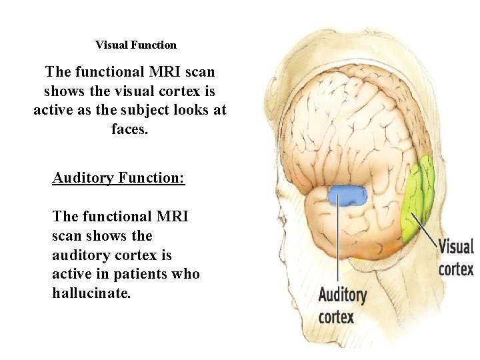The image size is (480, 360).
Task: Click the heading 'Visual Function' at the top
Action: pos(136,45)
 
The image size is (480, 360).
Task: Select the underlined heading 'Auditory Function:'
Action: pos(119,178)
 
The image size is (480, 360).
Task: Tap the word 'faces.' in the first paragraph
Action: pos(130,128)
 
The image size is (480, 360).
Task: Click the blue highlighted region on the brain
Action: pos(347,195)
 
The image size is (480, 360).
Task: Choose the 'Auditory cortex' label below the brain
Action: pos(343,305)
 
